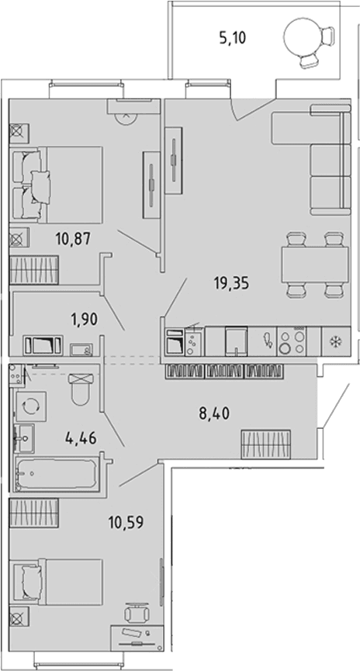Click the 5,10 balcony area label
(x=234, y=40)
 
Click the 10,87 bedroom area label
(x=73, y=238)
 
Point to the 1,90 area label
(x=85, y=319)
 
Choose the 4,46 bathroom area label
(x=81, y=438)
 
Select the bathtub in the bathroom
(x=56, y=474)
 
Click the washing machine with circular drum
(x=31, y=406)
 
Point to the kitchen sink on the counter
(x=237, y=341)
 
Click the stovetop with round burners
(x=292, y=341)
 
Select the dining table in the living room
(x=315, y=265)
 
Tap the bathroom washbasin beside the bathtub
(x=24, y=438)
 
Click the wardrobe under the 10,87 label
(x=34, y=270)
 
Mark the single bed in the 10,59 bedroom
(x=57, y=582)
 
